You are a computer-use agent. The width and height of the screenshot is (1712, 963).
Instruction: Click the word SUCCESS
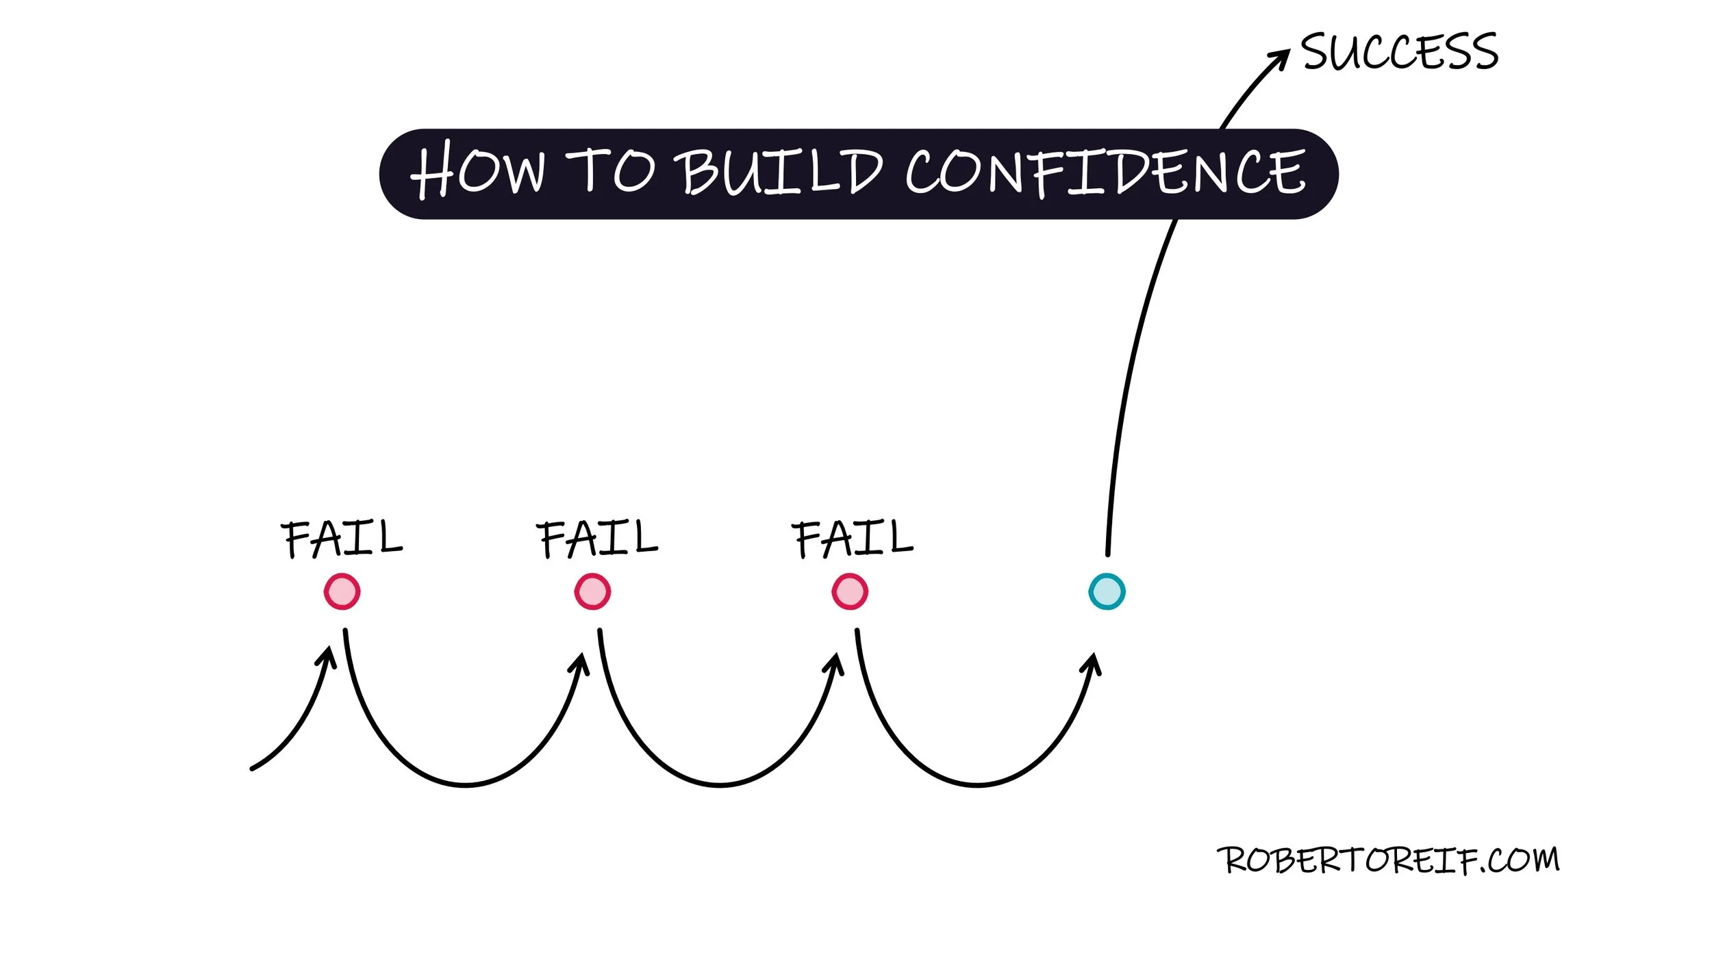(x=1399, y=51)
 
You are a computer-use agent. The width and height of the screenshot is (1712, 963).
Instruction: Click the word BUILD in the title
(x=781, y=171)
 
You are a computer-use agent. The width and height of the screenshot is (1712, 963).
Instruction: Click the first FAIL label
(x=342, y=539)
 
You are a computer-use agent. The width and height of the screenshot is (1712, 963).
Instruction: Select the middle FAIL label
(x=596, y=539)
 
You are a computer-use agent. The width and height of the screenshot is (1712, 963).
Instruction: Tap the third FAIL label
(x=852, y=539)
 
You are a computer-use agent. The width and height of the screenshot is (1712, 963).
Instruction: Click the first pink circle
(x=342, y=591)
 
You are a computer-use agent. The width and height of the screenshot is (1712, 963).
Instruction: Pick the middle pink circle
(x=592, y=591)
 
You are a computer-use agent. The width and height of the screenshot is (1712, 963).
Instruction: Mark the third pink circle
(x=850, y=591)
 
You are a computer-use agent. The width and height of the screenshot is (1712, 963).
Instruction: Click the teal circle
(x=1107, y=591)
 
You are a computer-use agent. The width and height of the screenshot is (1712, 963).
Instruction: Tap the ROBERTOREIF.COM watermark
(x=1387, y=860)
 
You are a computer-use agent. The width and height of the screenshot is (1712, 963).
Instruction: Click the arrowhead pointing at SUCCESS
(x=1279, y=59)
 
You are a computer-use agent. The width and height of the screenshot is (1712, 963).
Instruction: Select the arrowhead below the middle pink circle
(x=581, y=664)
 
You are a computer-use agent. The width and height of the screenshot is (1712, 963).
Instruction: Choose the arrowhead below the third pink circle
(x=836, y=664)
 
